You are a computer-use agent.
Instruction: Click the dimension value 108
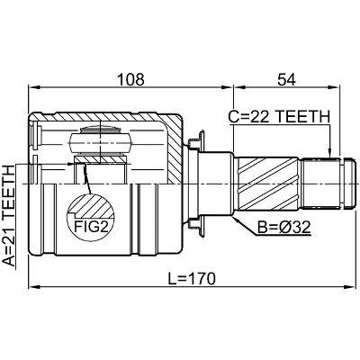[x=130, y=80]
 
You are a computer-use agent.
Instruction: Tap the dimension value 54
[x=286, y=80]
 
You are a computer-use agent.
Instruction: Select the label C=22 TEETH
[x=279, y=117]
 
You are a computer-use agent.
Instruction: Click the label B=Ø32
[x=284, y=228]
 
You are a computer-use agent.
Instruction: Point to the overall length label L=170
[x=192, y=279]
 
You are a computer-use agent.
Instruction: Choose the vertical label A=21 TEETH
[x=8, y=215]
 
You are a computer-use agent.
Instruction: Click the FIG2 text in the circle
[x=91, y=227]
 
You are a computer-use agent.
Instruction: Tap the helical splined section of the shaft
[x=268, y=184]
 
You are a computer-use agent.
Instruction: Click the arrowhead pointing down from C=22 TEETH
[x=329, y=152]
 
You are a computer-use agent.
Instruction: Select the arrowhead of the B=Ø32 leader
[x=237, y=220]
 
